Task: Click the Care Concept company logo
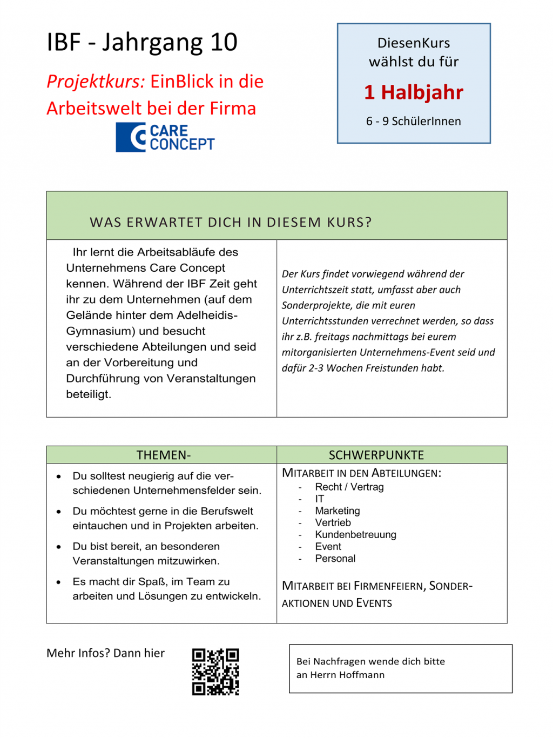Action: tap(165, 137)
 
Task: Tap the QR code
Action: tap(215, 672)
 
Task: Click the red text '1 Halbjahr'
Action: tap(414, 92)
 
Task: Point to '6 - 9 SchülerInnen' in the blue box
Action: tap(414, 122)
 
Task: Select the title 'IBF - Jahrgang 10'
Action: tap(142, 43)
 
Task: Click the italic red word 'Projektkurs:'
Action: tap(96, 82)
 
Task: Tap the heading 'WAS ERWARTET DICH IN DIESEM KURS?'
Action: tap(231, 223)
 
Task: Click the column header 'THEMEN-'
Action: tap(164, 455)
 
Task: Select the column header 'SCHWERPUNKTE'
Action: tap(376, 455)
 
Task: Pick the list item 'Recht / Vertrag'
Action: tap(349, 487)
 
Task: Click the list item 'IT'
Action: tap(320, 499)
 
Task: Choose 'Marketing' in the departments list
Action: tap(338, 511)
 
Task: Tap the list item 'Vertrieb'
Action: tap(333, 522)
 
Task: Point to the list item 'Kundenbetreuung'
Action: tap(356, 534)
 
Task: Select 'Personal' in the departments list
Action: tap(335, 558)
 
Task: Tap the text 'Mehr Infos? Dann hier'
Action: tap(105, 653)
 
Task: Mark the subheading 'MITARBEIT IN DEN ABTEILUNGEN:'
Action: tap(361, 473)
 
